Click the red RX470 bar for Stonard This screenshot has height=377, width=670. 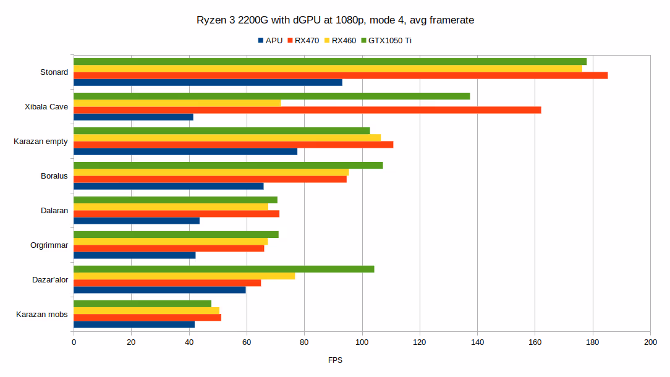pyautogui.click(x=340, y=75)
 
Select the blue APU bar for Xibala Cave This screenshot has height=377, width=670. pyautogui.click(x=134, y=117)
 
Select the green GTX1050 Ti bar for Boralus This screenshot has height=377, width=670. pyautogui.click(x=228, y=165)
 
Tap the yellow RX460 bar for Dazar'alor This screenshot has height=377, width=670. pyautogui.click(x=184, y=276)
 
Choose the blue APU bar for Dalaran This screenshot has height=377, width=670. pyautogui.click(x=137, y=221)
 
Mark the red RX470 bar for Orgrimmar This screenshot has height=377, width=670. pyautogui.click(x=169, y=248)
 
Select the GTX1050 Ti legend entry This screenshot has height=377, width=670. pyautogui.click(x=389, y=41)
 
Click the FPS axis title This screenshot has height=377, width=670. pyautogui.click(x=335, y=360)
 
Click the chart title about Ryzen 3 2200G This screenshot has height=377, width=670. pyautogui.click(x=335, y=20)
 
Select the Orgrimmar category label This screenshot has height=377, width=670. pyautogui.click(x=49, y=245)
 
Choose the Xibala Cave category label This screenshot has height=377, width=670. pyautogui.click(x=46, y=107)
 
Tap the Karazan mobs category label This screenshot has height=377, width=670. pyautogui.click(x=42, y=315)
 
